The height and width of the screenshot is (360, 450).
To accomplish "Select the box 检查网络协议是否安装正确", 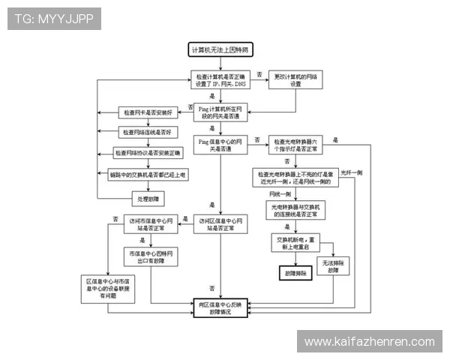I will click(147, 153).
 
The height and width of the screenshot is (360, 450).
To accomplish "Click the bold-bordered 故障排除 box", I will click(295, 274).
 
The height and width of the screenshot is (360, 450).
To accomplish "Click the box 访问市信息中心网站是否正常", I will click(151, 224).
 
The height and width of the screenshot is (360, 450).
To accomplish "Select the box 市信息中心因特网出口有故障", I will click(151, 256).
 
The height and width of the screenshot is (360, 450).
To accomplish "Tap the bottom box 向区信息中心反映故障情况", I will click(221, 307).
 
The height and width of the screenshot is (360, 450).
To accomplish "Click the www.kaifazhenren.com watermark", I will click(369, 342).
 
